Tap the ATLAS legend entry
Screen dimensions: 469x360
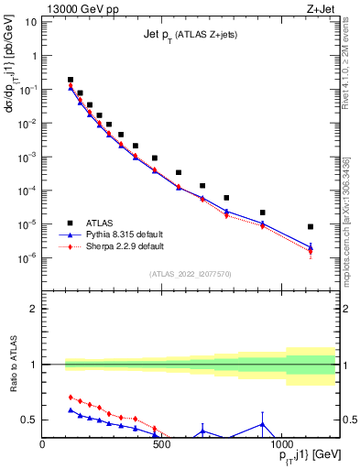[x=101, y=222]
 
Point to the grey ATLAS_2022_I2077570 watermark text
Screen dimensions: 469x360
[x=190, y=273]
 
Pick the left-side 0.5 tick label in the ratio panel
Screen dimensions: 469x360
[x=28, y=420]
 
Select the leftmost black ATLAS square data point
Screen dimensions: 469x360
[x=71, y=80]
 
